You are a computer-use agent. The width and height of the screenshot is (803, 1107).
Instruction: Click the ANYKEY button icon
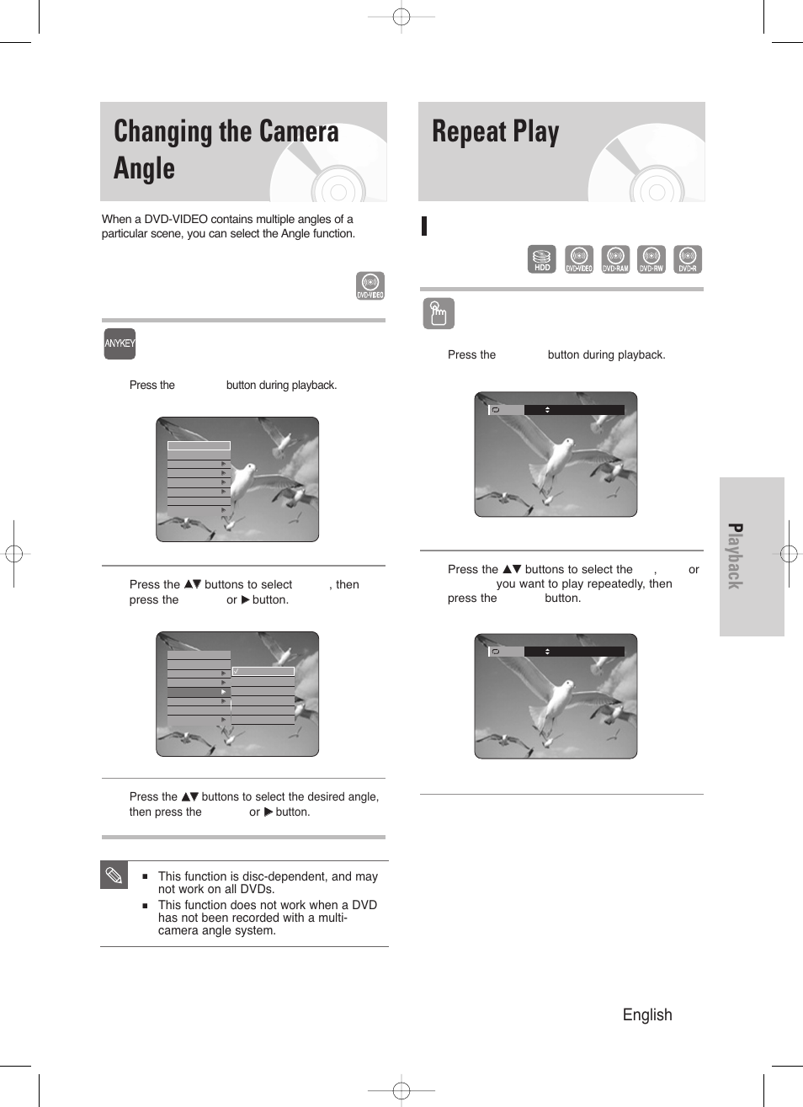click(x=120, y=343)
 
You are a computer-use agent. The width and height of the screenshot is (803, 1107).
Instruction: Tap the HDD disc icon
click(x=542, y=259)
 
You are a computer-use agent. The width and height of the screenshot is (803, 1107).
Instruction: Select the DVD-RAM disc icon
click(x=615, y=259)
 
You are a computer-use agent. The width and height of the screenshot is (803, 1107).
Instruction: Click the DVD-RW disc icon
click(x=651, y=259)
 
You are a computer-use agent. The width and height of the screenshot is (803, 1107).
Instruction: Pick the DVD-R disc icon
click(x=688, y=259)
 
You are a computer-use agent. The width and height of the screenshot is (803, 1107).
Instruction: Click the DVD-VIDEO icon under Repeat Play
click(x=579, y=259)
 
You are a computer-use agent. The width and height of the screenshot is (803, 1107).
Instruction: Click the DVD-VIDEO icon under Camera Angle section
click(x=370, y=285)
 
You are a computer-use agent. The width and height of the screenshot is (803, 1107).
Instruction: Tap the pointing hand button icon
click(x=438, y=313)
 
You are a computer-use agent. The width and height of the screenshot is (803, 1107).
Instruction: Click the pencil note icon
click(x=114, y=875)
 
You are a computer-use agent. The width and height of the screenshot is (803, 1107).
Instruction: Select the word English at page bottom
click(x=647, y=1014)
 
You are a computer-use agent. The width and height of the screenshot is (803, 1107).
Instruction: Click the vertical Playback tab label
click(x=735, y=556)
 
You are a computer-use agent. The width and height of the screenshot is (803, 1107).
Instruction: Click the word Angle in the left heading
click(x=144, y=168)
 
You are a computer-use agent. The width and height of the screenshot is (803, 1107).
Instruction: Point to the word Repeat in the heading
click(x=469, y=132)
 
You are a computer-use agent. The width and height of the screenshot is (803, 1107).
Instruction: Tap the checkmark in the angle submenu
click(x=237, y=671)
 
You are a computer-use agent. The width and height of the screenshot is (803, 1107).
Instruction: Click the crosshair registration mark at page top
click(x=401, y=17)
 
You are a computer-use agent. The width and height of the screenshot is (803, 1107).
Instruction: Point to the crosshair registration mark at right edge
click(x=789, y=553)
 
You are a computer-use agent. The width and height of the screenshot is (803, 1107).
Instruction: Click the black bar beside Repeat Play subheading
click(x=425, y=226)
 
